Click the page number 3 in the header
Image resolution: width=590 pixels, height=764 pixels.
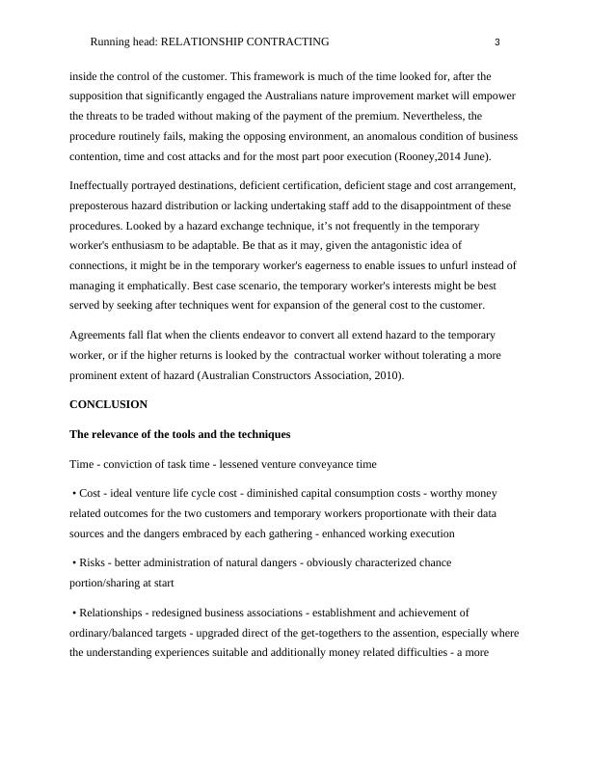coord(496,42)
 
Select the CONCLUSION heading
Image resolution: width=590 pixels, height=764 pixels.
coord(108,404)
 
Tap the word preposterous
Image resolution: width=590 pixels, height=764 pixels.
coord(106,205)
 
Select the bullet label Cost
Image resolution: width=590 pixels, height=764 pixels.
coord(92,493)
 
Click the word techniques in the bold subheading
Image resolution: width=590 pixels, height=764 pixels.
coord(257,434)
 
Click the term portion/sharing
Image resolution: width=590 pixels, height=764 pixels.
coord(107,583)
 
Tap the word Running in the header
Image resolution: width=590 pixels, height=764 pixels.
coord(109,42)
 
